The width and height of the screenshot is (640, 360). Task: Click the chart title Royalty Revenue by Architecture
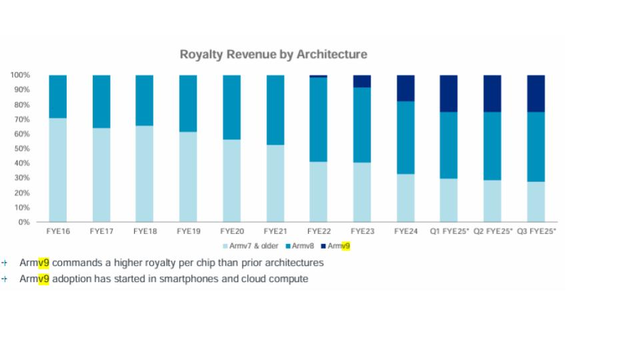click(273, 55)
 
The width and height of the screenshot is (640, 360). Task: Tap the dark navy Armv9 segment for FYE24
click(405, 88)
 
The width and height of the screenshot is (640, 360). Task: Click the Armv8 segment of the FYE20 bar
click(231, 107)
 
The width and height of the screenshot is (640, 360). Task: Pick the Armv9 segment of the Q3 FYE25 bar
click(536, 93)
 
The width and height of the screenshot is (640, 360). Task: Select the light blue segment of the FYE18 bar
click(145, 173)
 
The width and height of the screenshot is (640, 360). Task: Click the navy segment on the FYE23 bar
click(362, 81)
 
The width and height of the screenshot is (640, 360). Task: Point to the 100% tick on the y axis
click(19, 75)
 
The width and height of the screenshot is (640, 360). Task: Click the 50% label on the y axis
click(21, 149)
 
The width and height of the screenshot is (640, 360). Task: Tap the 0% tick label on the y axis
click(23, 222)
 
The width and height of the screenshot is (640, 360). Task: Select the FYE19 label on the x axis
click(188, 231)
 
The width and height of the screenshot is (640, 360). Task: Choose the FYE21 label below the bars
click(275, 231)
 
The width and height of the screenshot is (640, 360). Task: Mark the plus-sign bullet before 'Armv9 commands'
click(4, 263)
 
